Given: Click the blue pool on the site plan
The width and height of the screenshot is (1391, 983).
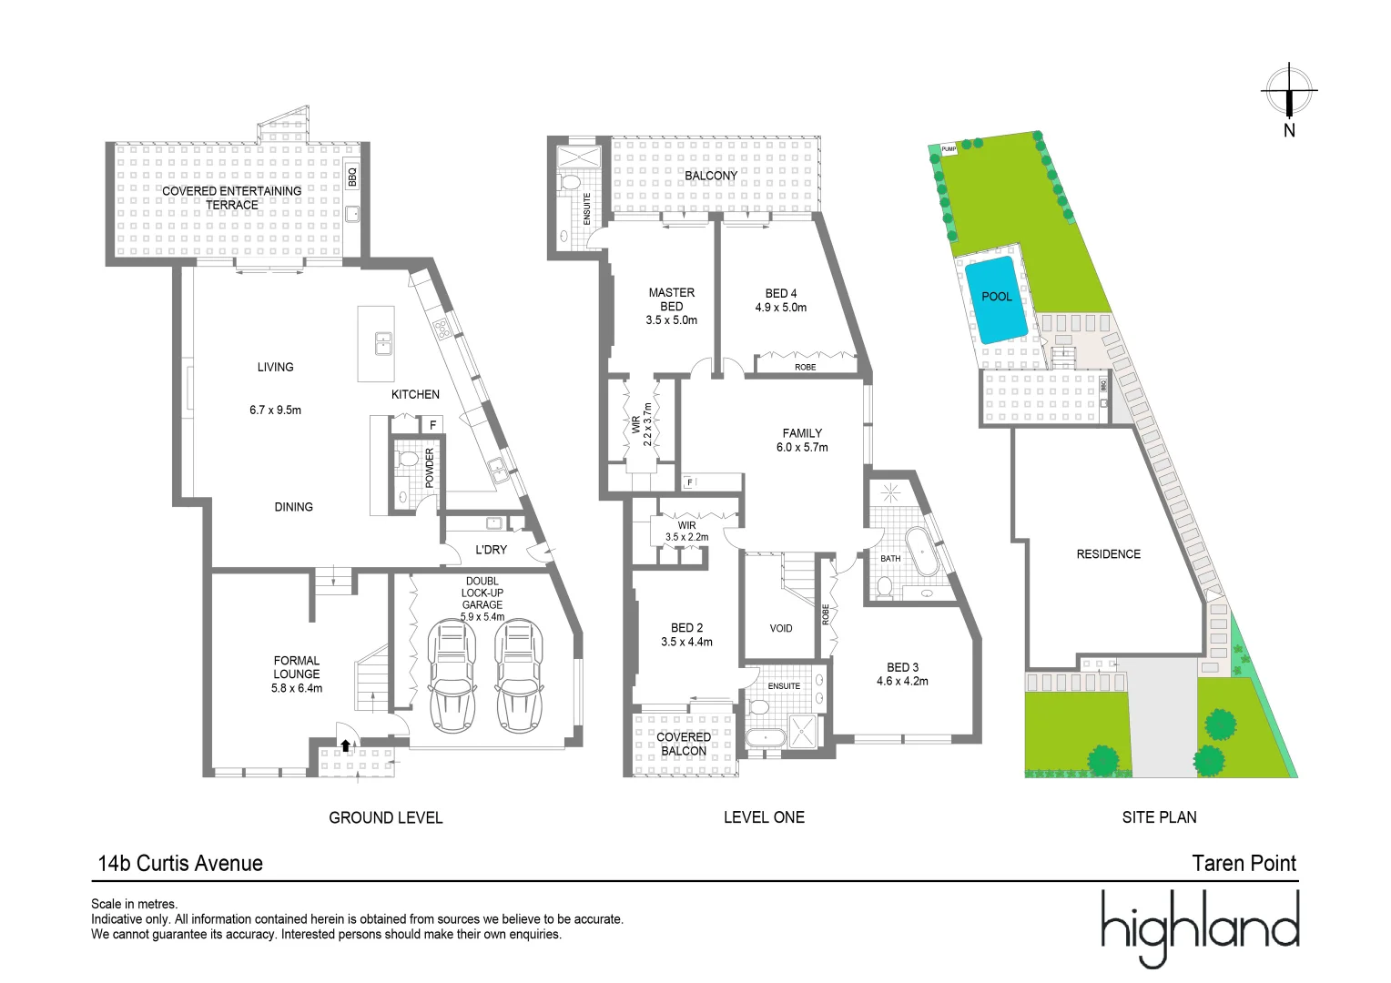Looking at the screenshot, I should [x=997, y=299].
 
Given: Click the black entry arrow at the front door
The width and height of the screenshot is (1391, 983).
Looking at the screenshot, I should [x=345, y=745].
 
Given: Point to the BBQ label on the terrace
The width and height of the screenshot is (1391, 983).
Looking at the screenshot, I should [x=353, y=176].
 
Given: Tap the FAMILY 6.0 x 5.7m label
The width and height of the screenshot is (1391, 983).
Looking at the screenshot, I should [x=802, y=441].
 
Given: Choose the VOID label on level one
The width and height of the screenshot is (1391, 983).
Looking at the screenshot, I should [x=781, y=628].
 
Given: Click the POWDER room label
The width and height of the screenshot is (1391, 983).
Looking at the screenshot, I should [x=430, y=467].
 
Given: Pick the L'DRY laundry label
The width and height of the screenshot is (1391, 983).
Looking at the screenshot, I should [x=492, y=550].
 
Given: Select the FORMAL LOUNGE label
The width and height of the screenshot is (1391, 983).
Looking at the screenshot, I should [x=297, y=668].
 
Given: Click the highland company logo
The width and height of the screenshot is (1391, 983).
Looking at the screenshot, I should [x=1200, y=927].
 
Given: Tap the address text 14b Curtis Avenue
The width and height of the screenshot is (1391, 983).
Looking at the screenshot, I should [x=180, y=864].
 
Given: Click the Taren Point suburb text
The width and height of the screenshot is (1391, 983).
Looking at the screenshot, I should [x=1244, y=864].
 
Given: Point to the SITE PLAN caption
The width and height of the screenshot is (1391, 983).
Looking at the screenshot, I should [x=1159, y=817].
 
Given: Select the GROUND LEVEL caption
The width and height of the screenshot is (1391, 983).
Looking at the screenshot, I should [x=386, y=817].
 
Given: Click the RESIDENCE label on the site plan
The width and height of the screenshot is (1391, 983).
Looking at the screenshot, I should [x=1108, y=554].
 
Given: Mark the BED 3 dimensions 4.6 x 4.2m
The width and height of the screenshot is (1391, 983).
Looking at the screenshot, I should [x=902, y=681].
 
